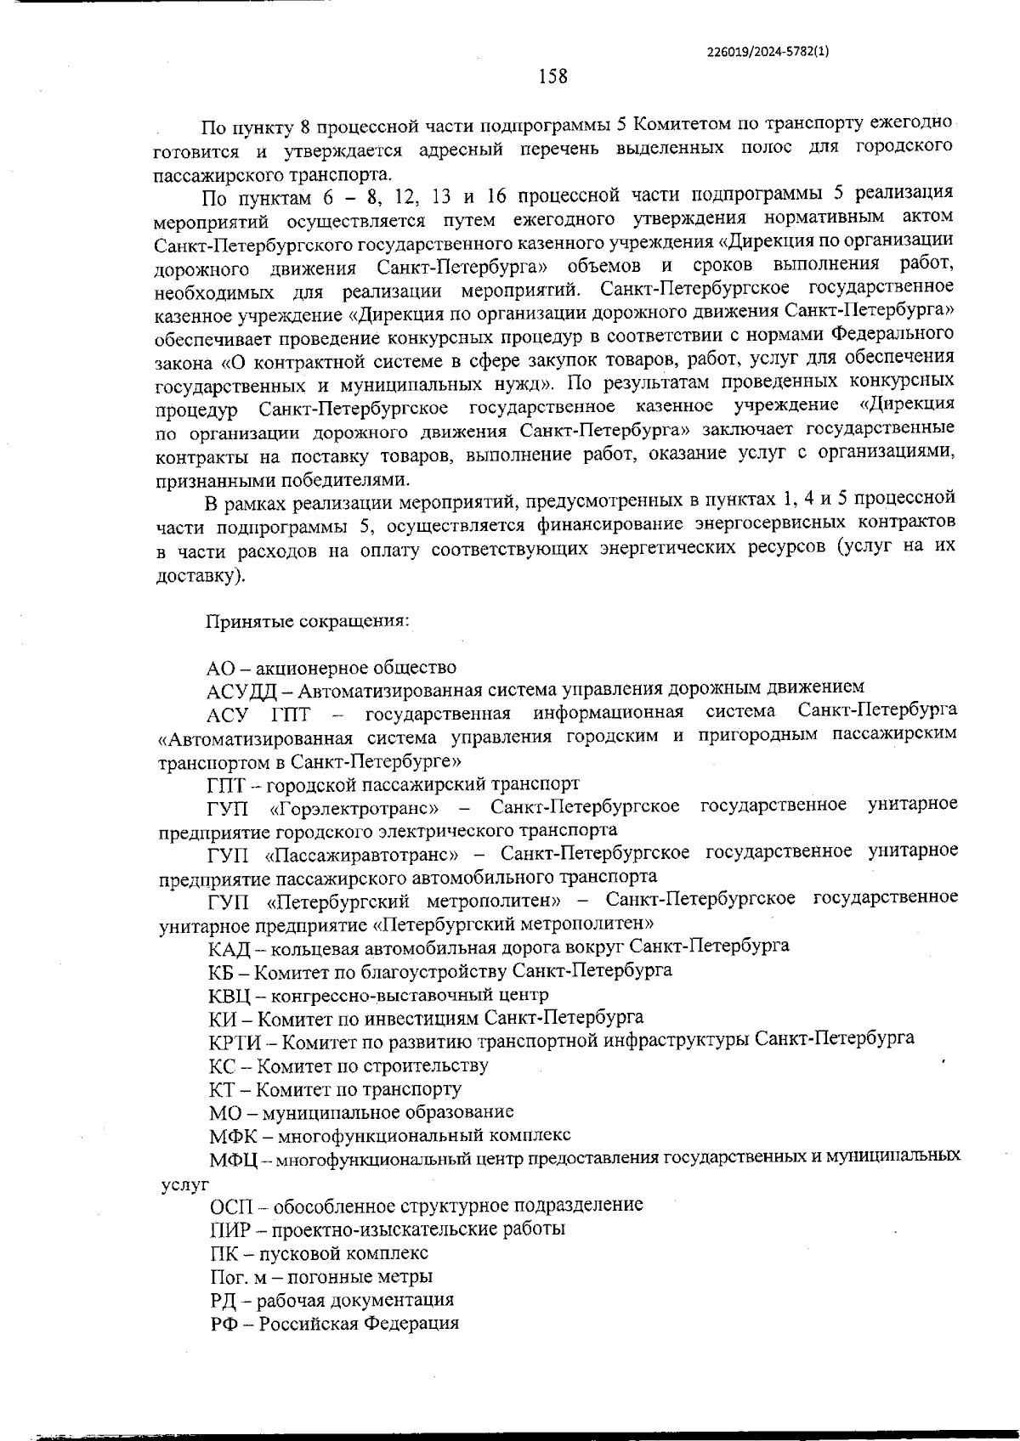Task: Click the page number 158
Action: [x=552, y=76]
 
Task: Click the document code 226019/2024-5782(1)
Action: [x=768, y=51]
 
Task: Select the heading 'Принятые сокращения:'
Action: [x=308, y=620]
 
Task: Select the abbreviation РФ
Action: [x=224, y=1324]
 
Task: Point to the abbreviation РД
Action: [x=224, y=1300]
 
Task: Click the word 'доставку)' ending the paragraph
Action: [x=201, y=576]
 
